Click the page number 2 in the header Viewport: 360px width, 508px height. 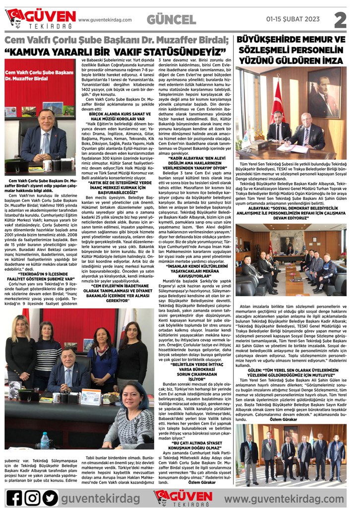tap(340, 19)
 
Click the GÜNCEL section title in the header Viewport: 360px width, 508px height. tap(172, 20)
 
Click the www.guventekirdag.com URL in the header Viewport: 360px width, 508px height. tap(105, 20)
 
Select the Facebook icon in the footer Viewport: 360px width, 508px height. tap(14, 497)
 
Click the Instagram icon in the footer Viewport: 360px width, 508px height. tap(32, 497)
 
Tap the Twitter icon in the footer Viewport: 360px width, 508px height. tap(50, 497)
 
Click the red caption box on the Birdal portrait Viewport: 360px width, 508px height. tap(33, 76)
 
